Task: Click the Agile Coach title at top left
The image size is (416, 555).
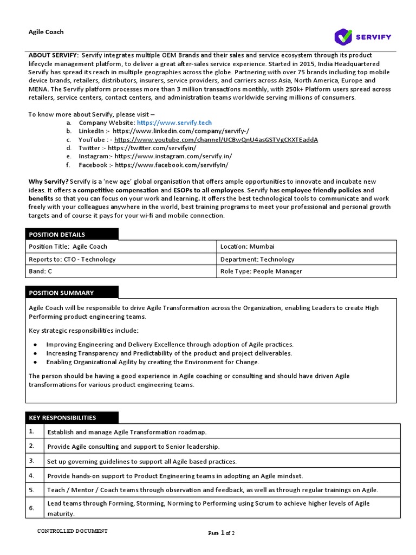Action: [46, 32]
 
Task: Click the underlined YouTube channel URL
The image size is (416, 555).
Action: [216, 140]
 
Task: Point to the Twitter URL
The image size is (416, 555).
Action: [152, 148]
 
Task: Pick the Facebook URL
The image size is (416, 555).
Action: [172, 165]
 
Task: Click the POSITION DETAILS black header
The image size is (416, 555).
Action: [71, 234]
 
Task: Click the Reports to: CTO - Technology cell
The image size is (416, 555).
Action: [72, 259]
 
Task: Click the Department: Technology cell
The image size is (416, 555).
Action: [257, 259]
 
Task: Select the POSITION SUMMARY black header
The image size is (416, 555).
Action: [71, 293]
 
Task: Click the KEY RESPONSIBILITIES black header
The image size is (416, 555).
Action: [71, 418]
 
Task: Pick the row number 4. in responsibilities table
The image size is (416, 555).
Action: [32, 475]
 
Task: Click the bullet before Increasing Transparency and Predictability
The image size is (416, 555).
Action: [35, 353]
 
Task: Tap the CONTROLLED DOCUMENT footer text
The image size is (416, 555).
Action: [72, 531]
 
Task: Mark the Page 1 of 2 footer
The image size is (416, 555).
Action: [222, 533]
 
